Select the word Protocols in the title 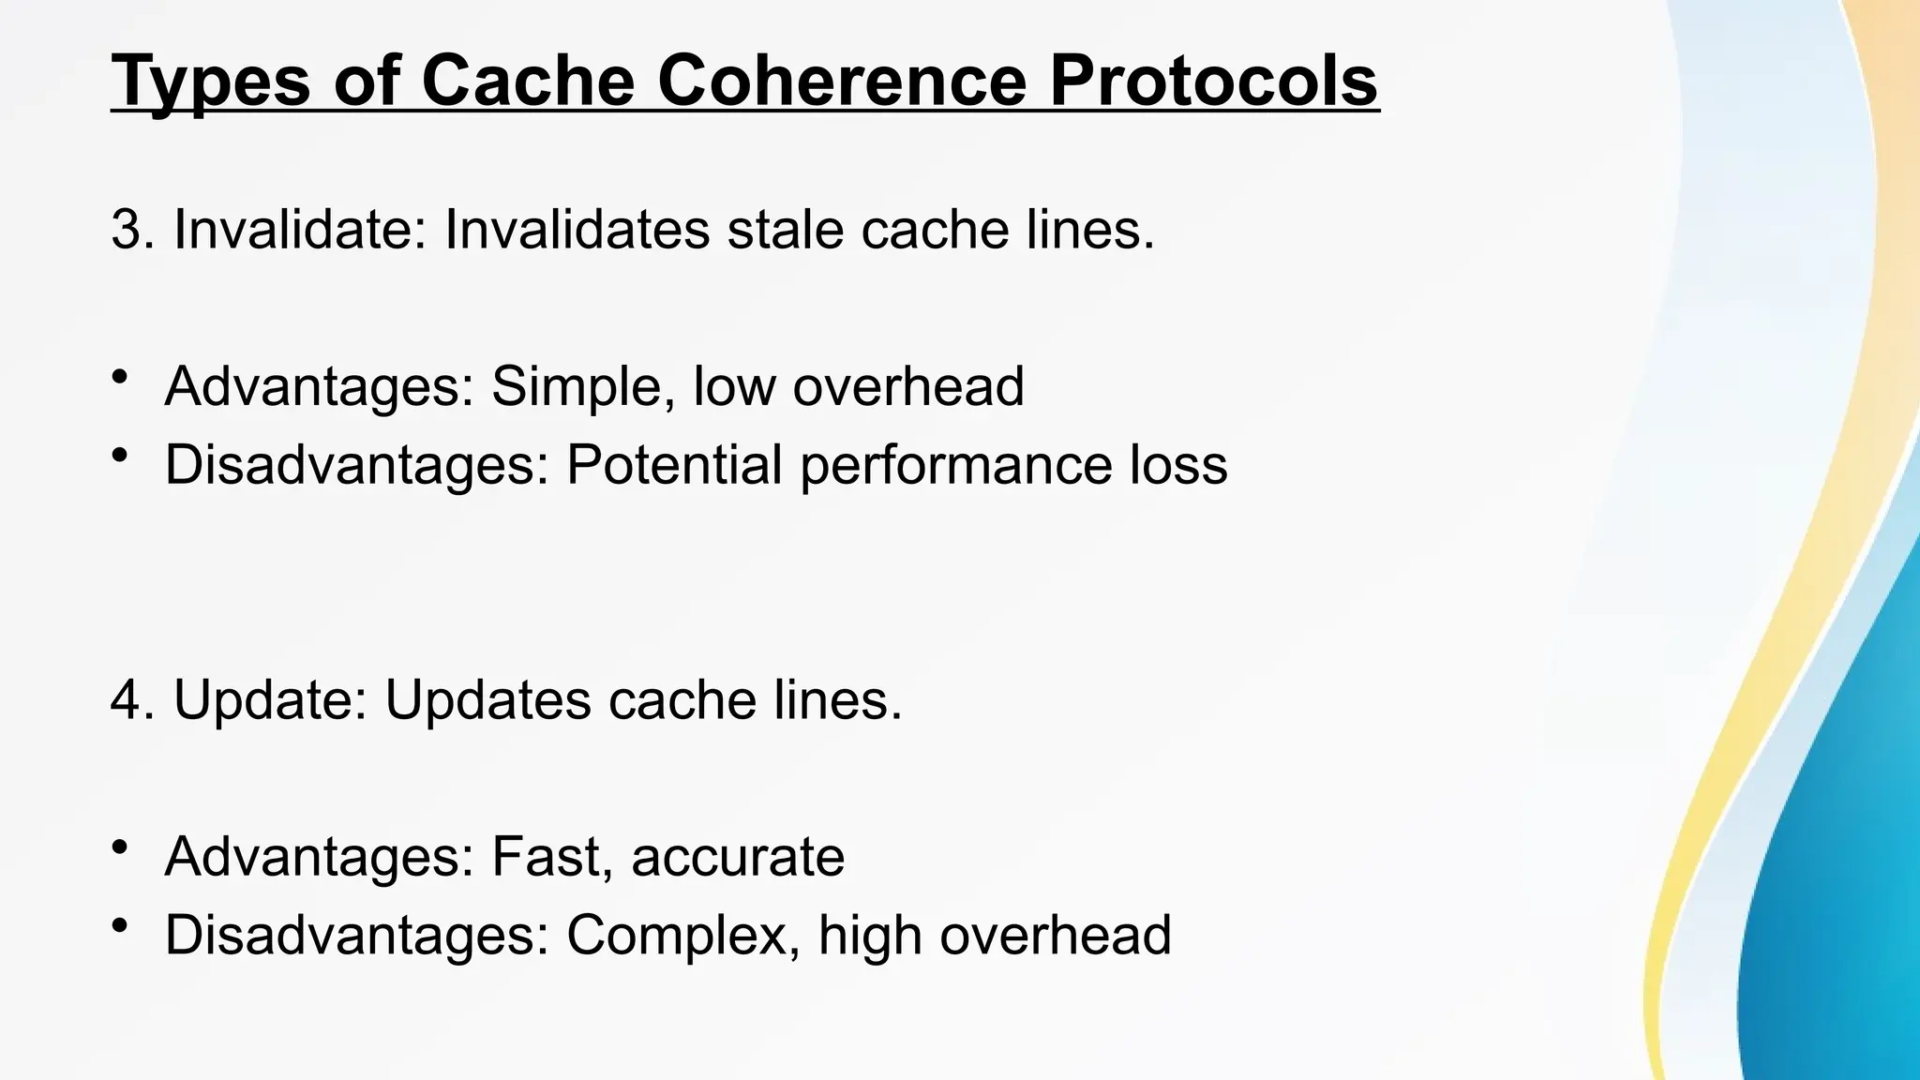coord(1214,82)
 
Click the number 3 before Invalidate coord(127,230)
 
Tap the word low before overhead coord(734,386)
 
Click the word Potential coord(674,465)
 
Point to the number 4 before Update coord(127,700)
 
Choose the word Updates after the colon coord(487,700)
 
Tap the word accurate coord(738,857)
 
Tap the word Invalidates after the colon coord(577,230)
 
